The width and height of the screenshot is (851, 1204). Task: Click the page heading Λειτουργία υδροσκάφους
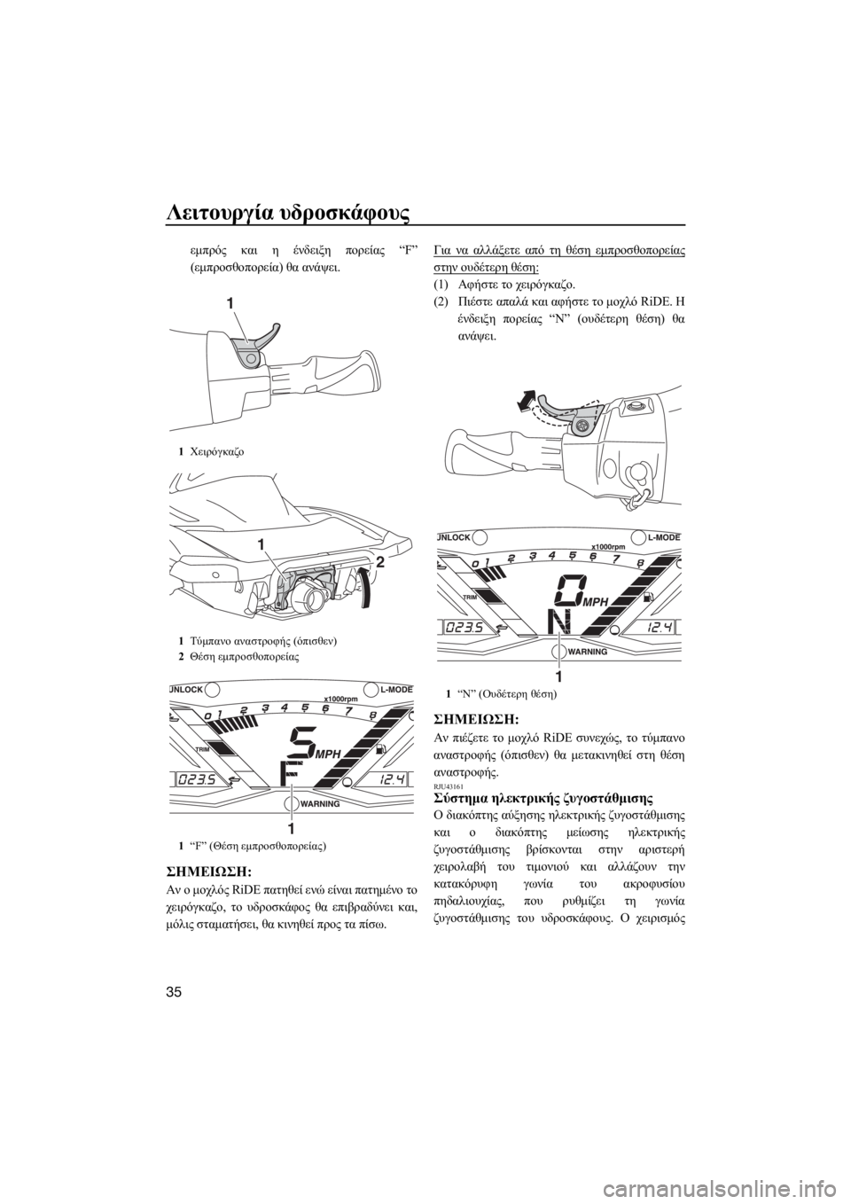point(288,215)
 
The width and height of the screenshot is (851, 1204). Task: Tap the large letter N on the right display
point(561,623)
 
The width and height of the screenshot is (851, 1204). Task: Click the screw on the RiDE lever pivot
point(581,426)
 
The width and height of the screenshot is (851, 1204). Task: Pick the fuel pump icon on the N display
point(649,596)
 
